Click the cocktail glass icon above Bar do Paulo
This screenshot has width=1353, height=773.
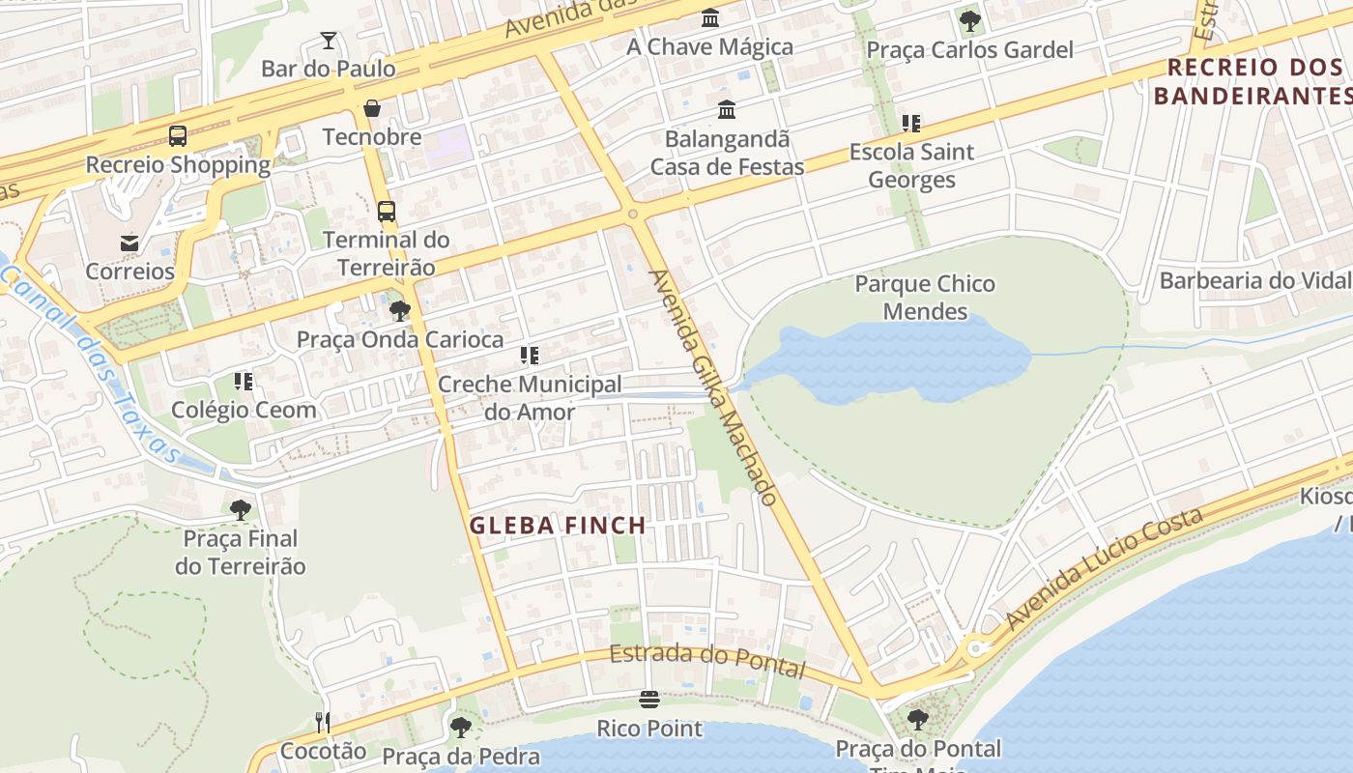coord(329,41)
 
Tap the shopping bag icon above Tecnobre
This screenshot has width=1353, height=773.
coord(372,108)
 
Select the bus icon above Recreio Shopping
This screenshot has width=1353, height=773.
coord(178,136)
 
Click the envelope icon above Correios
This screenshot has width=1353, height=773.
coord(130,243)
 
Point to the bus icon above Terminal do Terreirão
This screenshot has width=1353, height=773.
coord(387,211)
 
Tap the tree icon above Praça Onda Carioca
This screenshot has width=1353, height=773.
coord(399,311)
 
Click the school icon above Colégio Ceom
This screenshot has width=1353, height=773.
coord(244,382)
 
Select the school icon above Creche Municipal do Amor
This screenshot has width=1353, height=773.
coord(529,356)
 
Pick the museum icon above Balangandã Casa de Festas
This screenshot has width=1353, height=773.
coord(727,110)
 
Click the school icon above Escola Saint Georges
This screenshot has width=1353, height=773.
coord(910,124)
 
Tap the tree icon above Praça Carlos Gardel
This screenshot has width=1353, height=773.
coord(969,21)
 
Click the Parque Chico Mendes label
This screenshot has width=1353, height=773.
coord(925,298)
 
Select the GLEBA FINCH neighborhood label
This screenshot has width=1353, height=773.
coord(558,526)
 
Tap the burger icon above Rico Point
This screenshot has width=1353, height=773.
coord(649,700)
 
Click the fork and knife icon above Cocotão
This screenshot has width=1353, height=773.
coord(323,722)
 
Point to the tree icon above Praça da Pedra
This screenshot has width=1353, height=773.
coord(460,727)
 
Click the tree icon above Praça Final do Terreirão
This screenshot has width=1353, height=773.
coord(241,509)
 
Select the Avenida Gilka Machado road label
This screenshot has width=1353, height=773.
coord(714,386)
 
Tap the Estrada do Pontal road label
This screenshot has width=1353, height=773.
coord(707,660)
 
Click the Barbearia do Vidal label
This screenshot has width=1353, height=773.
coord(1254,281)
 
